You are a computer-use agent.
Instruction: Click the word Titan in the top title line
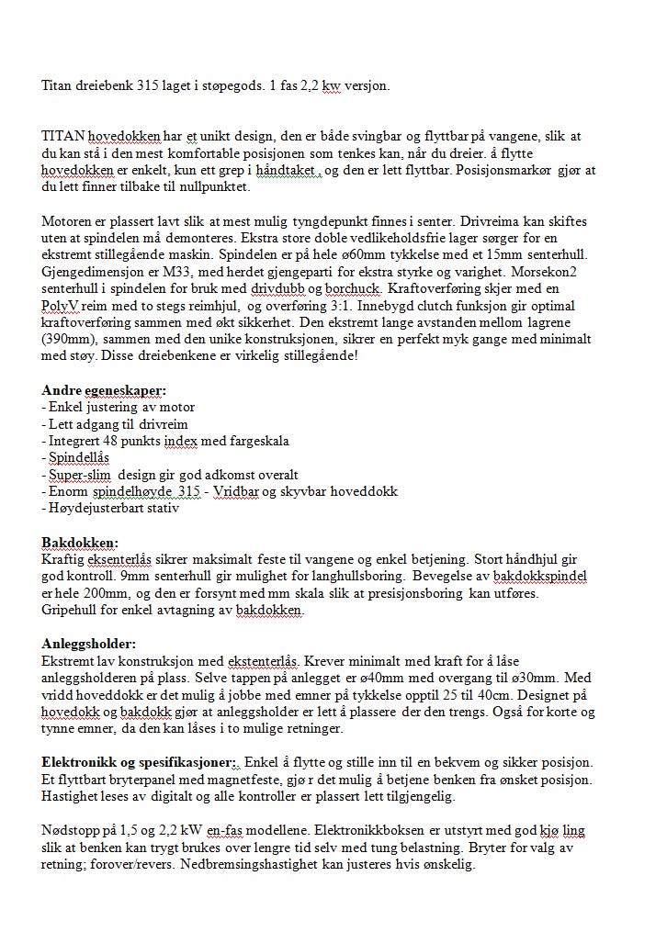tap(58, 85)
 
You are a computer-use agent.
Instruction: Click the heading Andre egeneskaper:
tap(104, 389)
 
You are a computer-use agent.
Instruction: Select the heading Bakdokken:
tap(80, 542)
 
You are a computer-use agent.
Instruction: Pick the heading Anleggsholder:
tap(89, 644)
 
